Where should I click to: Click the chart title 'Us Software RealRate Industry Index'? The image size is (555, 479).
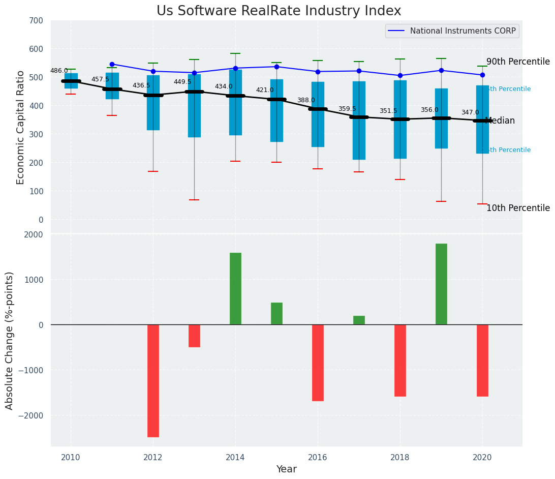pyautogui.click(x=279, y=11)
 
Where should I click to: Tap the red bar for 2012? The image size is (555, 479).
pyautogui.click(x=153, y=380)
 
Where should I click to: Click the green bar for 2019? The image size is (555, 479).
pyautogui.click(x=441, y=284)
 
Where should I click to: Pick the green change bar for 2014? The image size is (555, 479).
pyautogui.click(x=235, y=288)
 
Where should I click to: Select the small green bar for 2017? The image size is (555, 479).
pyautogui.click(x=359, y=320)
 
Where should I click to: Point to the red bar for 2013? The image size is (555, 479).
pyautogui.click(x=194, y=336)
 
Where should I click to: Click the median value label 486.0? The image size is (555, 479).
pyautogui.click(x=59, y=71)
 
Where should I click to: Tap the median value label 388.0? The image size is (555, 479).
pyautogui.click(x=306, y=100)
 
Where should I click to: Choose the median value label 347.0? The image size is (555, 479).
pyautogui.click(x=470, y=112)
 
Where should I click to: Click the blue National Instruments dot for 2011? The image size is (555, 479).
pyautogui.click(x=112, y=64)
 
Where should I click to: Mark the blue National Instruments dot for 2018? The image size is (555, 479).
pyautogui.click(x=400, y=75)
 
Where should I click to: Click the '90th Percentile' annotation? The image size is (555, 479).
pyautogui.click(x=518, y=62)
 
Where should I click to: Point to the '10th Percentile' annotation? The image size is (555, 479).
pyautogui.click(x=518, y=208)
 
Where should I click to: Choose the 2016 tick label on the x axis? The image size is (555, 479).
pyautogui.click(x=318, y=457)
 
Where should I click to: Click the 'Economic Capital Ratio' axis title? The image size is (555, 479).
pyautogui.click(x=21, y=127)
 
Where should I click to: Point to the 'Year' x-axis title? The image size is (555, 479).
pyautogui.click(x=286, y=469)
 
